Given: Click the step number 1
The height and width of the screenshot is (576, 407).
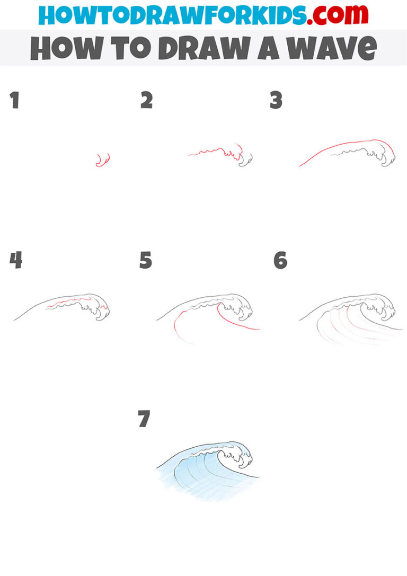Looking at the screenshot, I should [x=14, y=100].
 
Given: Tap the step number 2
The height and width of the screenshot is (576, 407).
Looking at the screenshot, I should [x=146, y=100].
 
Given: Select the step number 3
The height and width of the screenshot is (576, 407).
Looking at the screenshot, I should [x=276, y=100].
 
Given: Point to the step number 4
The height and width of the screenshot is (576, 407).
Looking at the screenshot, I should [x=15, y=260].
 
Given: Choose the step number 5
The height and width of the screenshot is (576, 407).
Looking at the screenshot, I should [x=146, y=260].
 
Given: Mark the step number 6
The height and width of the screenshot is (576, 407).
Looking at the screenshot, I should [x=280, y=260].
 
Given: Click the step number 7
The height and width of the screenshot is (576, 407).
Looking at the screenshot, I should [x=144, y=419].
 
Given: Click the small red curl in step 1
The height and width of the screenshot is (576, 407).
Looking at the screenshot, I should [x=102, y=160].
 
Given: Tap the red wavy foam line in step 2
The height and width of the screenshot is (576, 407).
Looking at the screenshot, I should [x=215, y=153].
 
